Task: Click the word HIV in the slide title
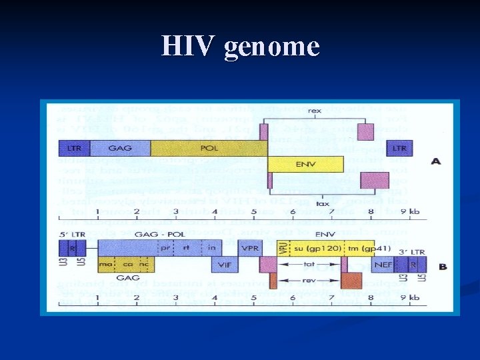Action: (189, 46)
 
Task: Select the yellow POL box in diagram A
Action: (209, 148)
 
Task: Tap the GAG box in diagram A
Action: (120, 148)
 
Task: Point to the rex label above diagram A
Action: (315, 111)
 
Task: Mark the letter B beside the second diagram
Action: (443, 267)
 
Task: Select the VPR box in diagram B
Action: (251, 247)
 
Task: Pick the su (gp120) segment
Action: (312, 248)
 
